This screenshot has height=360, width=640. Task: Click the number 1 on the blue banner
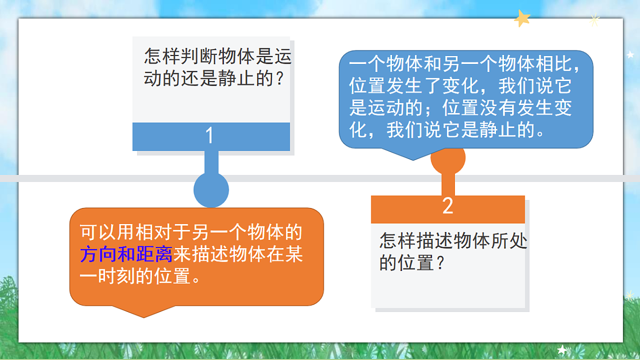pos(210,136)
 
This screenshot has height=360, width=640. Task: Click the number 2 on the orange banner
pos(447,206)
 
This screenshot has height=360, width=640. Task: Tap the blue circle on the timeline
pos(211,190)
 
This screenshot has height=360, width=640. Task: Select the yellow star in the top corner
pos(522,19)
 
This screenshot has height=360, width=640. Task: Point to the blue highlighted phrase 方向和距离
pos(126,254)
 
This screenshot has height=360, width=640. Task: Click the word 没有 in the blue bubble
pos(489,108)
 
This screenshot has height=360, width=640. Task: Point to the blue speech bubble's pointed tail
pos(413,156)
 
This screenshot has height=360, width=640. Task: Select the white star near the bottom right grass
pos(562,349)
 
